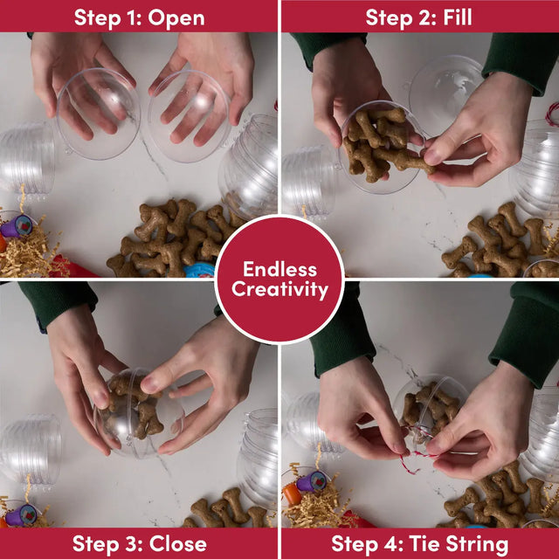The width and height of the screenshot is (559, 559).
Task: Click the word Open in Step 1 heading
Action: click(176, 18)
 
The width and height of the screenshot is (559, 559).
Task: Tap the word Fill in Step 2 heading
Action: click(458, 17)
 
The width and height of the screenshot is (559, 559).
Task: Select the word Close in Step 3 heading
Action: click(178, 543)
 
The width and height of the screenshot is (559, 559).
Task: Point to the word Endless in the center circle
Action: click(279, 269)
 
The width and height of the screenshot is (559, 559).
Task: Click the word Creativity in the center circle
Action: click(279, 289)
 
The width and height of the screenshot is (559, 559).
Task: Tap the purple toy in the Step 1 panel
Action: click(17, 226)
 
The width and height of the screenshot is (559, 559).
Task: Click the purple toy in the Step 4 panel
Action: click(312, 481)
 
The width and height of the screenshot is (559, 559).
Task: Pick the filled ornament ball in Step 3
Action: click(139, 412)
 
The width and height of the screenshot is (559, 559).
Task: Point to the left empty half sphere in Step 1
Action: click(99, 114)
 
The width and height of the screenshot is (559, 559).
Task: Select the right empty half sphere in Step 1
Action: click(189, 116)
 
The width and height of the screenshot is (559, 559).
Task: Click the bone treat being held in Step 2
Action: click(404, 161)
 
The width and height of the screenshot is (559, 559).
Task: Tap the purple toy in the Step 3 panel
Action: click(21, 514)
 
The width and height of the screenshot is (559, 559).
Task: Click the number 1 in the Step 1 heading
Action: click(132, 17)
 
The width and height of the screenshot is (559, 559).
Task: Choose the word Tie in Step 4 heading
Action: click(424, 543)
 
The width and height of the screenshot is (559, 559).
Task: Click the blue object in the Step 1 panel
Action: click(200, 271)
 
